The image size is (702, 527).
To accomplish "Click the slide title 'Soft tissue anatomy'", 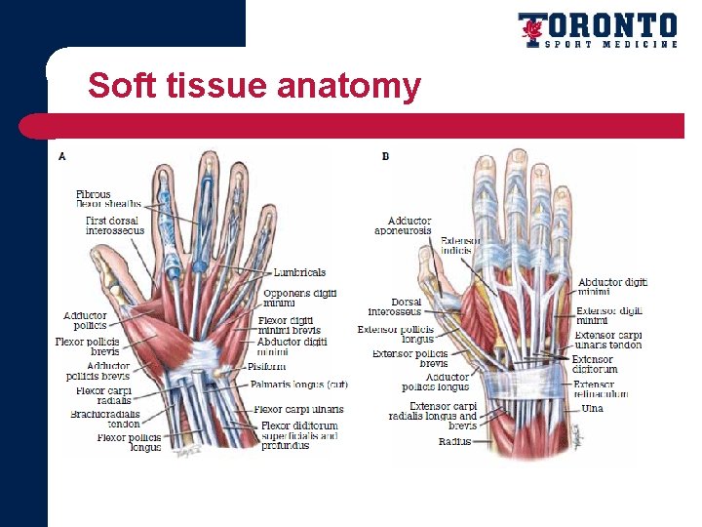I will (x=253, y=86).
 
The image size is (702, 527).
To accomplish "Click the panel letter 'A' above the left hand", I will (x=62, y=156).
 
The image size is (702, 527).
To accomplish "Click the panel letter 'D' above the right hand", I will (x=385, y=156).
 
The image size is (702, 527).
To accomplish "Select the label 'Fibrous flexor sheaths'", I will (x=108, y=199).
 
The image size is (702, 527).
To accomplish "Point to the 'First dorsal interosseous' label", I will (x=114, y=225).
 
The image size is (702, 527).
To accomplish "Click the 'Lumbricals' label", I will (x=299, y=272).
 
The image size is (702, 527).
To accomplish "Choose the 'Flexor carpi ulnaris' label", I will (x=298, y=409).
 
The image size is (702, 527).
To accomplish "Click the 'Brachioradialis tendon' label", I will (x=106, y=419).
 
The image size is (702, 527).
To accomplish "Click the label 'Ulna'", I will (x=592, y=408).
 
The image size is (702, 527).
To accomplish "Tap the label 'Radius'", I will (x=454, y=441).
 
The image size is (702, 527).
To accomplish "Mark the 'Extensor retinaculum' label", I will (x=601, y=389).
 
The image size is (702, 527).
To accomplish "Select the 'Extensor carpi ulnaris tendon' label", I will (x=607, y=340).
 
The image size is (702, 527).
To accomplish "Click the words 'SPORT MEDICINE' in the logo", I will (x=610, y=44).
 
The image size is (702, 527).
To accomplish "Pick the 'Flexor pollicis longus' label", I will (x=129, y=443).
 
